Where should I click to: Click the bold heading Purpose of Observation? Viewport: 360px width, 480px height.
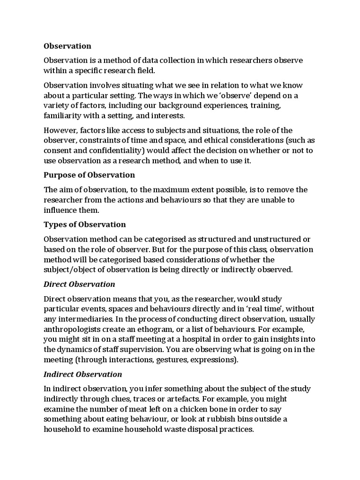(89, 175)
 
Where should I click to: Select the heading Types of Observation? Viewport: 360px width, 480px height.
(84, 224)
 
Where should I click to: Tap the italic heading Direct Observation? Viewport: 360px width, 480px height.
(79, 284)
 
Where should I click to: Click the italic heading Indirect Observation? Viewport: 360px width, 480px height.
(82, 374)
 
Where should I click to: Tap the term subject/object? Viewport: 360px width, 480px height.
(70, 270)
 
